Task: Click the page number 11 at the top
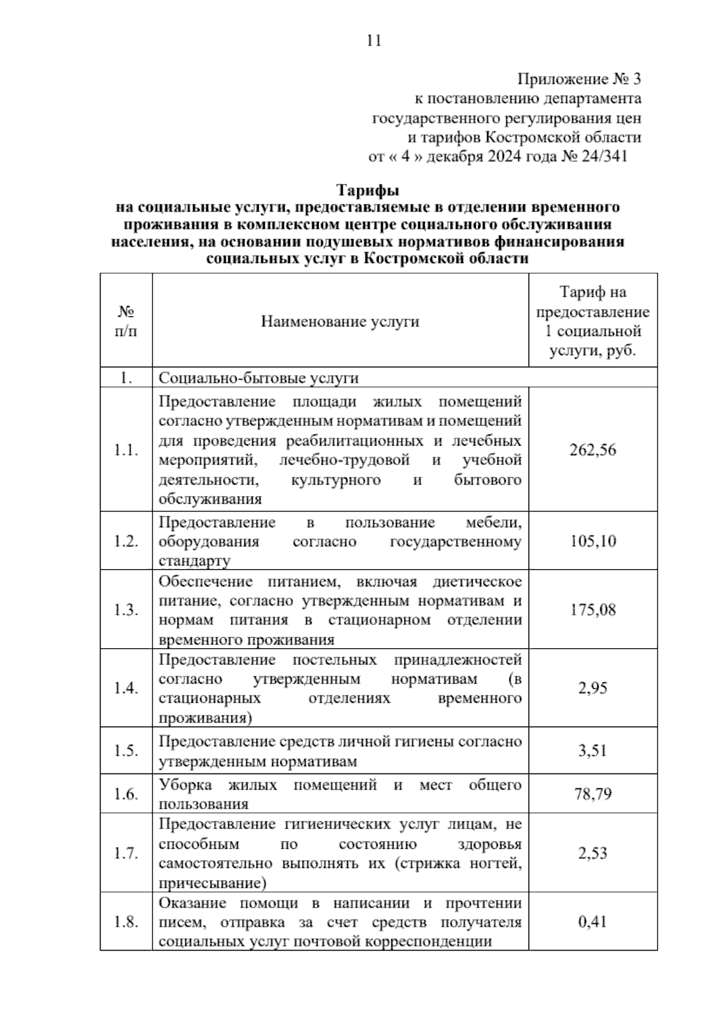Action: [374, 41]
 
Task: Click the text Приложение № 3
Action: [579, 79]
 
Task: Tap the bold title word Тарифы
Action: [368, 190]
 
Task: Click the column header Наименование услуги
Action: [340, 322]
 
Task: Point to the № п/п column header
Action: [126, 321]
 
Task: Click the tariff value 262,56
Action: [593, 450]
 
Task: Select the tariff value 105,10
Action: [593, 541]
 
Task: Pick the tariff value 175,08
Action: [593, 610]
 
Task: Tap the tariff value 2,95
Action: [593, 688]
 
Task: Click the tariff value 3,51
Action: [593, 751]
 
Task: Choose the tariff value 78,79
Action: [593, 794]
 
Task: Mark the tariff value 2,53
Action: [593, 853]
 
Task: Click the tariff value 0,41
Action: [593, 921]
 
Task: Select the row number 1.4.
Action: [126, 688]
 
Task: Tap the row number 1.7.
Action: [126, 853]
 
